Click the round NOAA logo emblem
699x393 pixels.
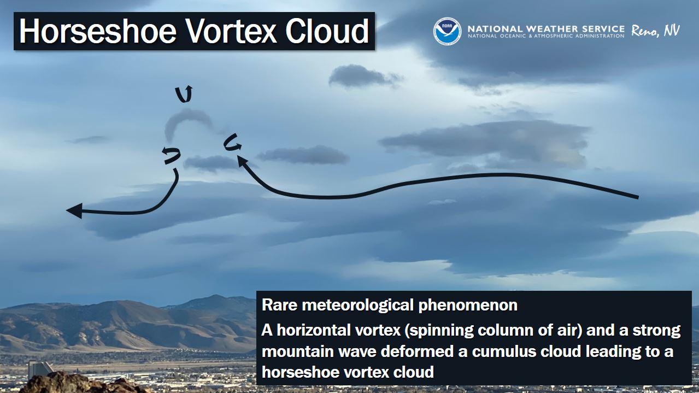[447, 31]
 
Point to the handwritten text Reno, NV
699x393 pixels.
[655, 31]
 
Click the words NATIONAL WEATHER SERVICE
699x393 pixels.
[546, 28]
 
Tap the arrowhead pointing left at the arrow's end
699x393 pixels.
[74, 210]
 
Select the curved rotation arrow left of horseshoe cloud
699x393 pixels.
[171, 155]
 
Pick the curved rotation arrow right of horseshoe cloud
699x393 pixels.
[232, 143]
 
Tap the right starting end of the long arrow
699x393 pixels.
[637, 197]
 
